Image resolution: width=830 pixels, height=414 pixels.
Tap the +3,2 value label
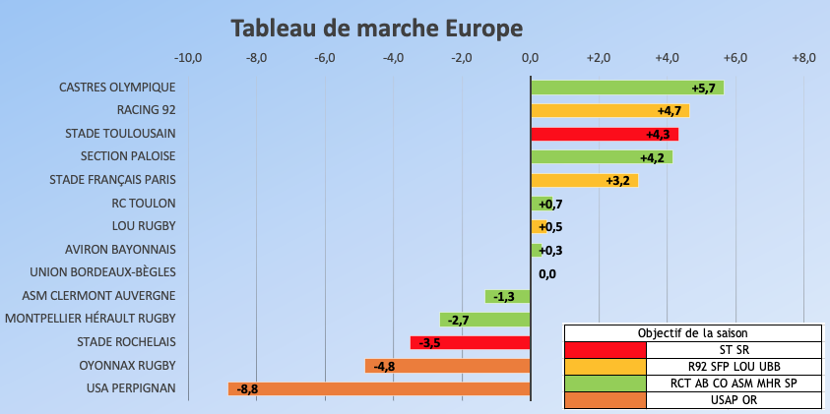point(618,181)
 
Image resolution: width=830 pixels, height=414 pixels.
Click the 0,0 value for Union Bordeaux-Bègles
point(547,274)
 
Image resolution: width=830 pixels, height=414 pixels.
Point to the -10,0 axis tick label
point(188,58)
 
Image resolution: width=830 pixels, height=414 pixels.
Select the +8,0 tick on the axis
point(803,58)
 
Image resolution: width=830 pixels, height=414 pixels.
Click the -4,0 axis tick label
point(393,58)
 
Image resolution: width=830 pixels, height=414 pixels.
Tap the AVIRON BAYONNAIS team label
point(120,250)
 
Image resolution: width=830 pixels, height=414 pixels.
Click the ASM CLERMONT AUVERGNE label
point(98,295)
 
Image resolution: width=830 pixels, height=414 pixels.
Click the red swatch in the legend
point(606,349)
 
